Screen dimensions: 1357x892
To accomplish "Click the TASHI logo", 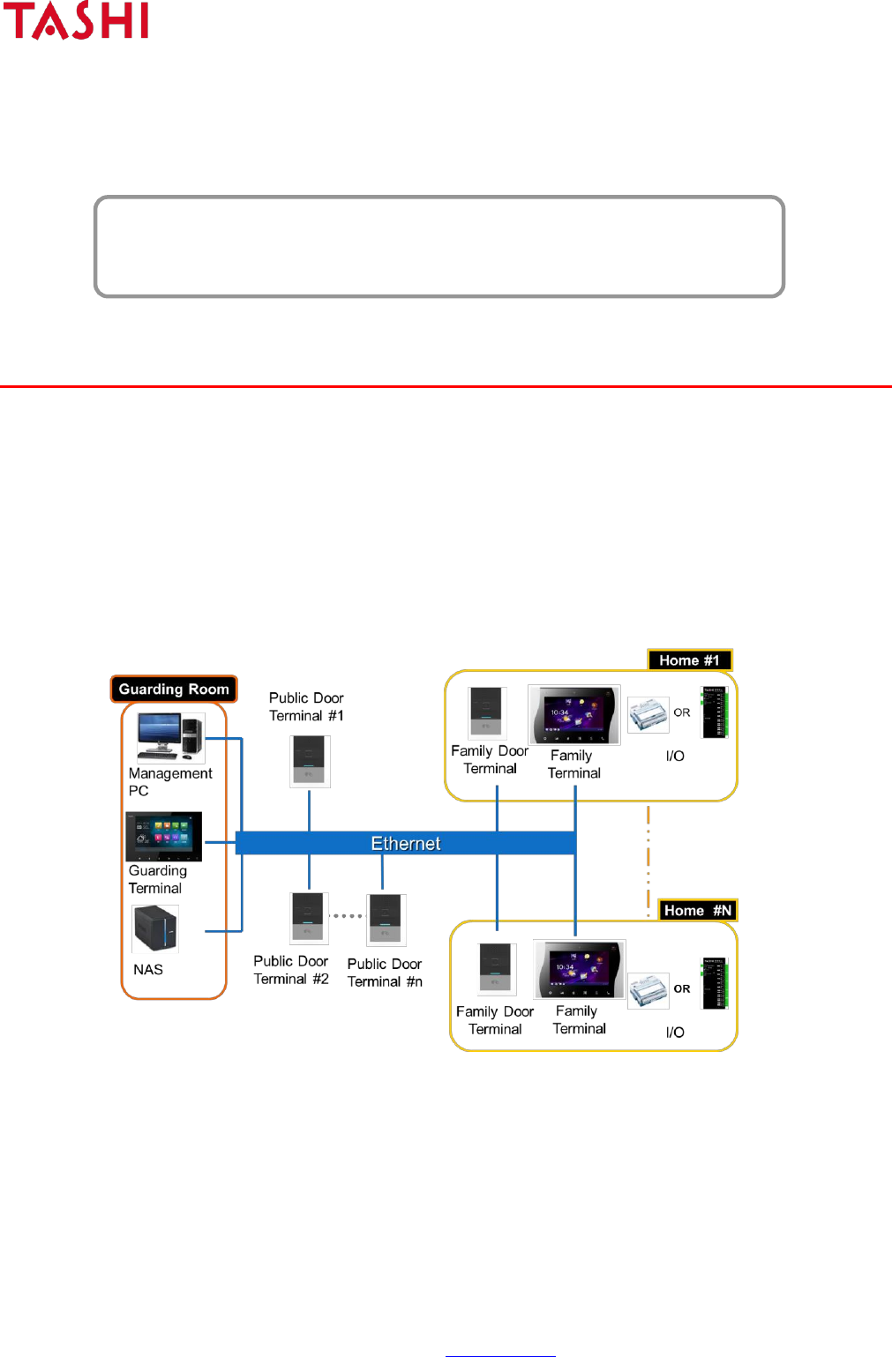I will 76,21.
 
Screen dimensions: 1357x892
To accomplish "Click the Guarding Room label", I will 174,689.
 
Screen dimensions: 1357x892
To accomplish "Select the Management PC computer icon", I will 170,737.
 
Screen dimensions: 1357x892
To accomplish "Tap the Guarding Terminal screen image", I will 164,836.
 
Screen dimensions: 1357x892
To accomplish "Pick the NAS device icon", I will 155,928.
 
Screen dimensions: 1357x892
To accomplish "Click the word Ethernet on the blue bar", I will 406,843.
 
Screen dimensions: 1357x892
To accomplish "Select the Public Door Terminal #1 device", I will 310,761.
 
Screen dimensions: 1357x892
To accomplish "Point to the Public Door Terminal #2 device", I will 309,918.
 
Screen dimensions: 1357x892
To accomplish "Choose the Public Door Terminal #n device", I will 386,920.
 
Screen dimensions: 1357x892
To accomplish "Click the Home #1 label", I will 689,660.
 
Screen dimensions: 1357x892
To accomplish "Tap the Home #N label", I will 697,911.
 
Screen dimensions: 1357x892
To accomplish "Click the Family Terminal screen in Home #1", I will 574,714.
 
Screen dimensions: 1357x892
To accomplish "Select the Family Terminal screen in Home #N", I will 580,968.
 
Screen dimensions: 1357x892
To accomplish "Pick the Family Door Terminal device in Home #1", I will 487,712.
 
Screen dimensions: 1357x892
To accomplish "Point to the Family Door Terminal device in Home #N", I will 498,968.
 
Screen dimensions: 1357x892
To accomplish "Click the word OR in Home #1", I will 682,712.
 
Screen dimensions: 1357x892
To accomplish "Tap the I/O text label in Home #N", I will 675,1032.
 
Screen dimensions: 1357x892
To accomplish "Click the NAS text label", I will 148,969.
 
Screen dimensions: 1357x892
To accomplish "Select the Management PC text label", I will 169,781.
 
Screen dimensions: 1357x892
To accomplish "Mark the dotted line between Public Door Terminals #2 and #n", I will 348,915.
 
